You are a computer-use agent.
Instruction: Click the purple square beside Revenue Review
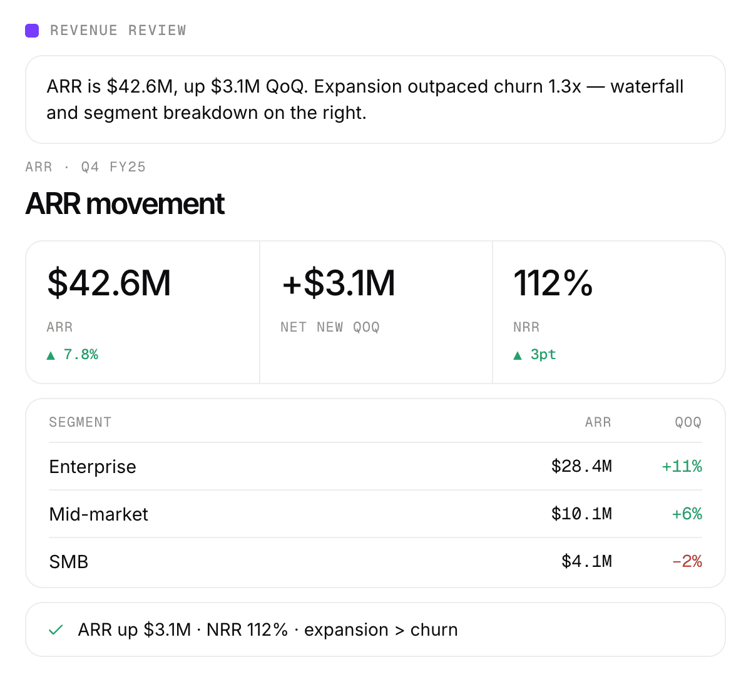pyautogui.click(x=32, y=31)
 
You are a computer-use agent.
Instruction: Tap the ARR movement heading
pyautogui.click(x=125, y=204)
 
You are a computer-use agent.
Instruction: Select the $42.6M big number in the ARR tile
pyautogui.click(x=109, y=283)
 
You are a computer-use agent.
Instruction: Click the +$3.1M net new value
pyautogui.click(x=339, y=283)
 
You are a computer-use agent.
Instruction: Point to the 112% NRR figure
pyautogui.click(x=553, y=283)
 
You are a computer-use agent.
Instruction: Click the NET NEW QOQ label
pyautogui.click(x=330, y=327)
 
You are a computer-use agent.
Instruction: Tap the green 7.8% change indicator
pyautogui.click(x=72, y=354)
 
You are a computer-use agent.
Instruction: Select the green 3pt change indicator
pyautogui.click(x=534, y=354)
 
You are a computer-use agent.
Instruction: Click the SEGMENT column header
pyautogui.click(x=80, y=422)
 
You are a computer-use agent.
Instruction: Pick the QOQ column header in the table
pyautogui.click(x=688, y=422)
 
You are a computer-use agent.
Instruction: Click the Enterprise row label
pyautogui.click(x=93, y=467)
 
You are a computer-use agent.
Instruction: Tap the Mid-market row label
pyautogui.click(x=98, y=514)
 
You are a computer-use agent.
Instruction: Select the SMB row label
pyautogui.click(x=68, y=562)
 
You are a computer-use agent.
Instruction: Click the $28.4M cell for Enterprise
pyautogui.click(x=581, y=467)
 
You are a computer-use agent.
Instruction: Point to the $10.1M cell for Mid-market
pyautogui.click(x=581, y=514)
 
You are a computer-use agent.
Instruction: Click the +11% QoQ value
pyautogui.click(x=682, y=467)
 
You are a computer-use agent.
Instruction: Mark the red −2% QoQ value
pyautogui.click(x=687, y=561)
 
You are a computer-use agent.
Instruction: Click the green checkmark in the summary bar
pyautogui.click(x=56, y=630)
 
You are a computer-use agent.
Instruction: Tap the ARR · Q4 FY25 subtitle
pyautogui.click(x=85, y=167)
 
